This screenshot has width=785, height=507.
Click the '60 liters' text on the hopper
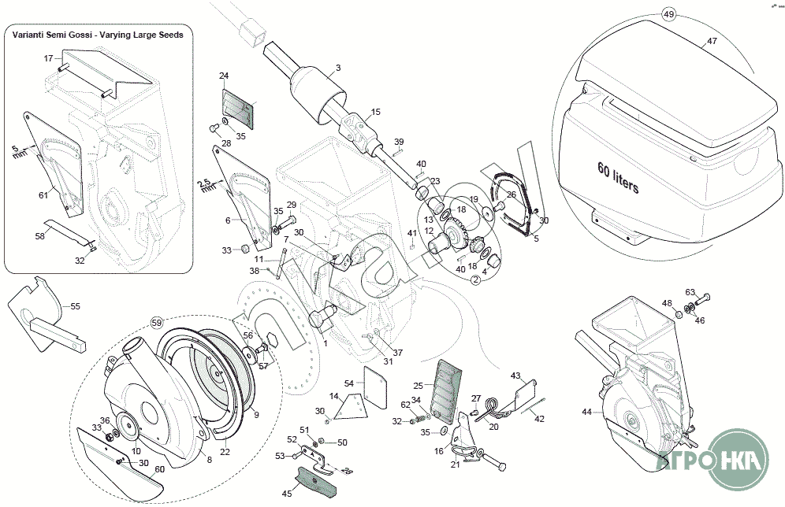pos(618,179)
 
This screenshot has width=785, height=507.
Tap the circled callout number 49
pos(669,15)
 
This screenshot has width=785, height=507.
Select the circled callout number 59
pos(156,323)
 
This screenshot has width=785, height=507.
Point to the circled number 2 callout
pos(476,278)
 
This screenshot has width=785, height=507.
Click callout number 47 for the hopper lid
pos(711,40)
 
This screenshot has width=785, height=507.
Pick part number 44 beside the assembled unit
pos(586,412)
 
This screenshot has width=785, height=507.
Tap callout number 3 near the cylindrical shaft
pos(337,68)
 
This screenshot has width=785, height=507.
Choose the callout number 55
pos(76,306)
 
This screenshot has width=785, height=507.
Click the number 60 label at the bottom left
pos(158,469)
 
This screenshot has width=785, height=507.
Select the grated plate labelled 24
pos(239,107)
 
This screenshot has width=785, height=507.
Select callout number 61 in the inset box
pos(43,194)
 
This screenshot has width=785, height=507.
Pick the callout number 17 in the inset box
pos(47,58)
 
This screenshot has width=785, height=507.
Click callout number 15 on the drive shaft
pos(376,112)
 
